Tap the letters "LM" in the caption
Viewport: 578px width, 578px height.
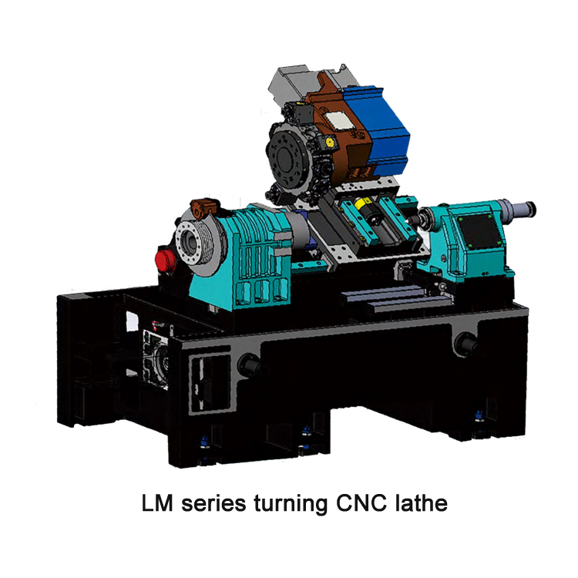click(158, 506)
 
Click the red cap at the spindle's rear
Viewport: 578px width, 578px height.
click(163, 257)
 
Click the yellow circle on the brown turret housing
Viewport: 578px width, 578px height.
click(330, 143)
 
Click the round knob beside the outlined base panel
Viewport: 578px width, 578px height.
click(249, 363)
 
